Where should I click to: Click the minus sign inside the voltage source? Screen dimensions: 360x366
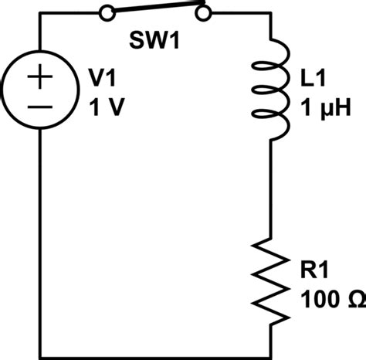click(40, 109)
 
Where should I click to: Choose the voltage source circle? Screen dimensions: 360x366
click(15, 93)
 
